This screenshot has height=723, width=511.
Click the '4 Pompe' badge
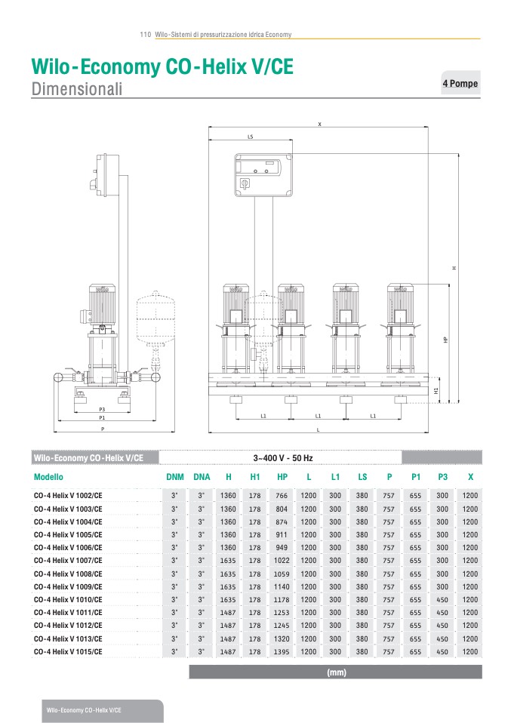point(460,84)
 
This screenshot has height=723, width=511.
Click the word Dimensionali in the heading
point(77,88)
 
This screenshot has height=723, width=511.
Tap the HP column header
point(282,477)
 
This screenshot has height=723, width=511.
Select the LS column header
point(362,477)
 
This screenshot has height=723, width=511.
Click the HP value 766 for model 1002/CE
point(282,496)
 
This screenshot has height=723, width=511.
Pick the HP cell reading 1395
point(282,652)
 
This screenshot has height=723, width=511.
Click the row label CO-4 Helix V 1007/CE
point(68,561)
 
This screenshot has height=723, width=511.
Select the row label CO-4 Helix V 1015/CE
point(68,652)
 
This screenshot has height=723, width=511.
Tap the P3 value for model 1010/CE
point(442,600)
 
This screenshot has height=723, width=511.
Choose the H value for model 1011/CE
point(228,613)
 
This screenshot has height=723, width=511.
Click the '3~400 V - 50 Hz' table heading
point(283,458)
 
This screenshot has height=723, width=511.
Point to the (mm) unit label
point(336,672)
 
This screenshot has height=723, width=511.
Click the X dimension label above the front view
point(319,124)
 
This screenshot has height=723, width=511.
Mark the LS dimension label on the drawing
point(251,137)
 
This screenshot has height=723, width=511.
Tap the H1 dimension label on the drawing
point(436,390)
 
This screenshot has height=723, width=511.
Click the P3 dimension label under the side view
point(102,410)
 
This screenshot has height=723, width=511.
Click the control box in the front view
point(263,175)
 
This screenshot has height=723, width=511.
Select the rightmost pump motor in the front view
point(400,304)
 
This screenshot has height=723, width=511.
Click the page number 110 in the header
point(145,35)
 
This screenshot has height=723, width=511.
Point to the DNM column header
point(175,477)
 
